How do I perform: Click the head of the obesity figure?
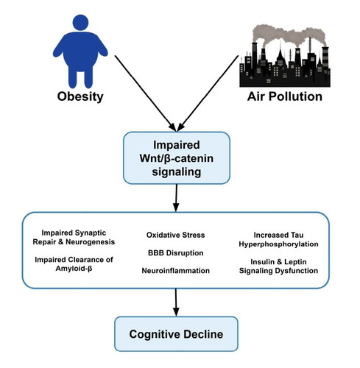(80, 22)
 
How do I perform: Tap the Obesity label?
(80, 96)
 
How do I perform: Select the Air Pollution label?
(285, 96)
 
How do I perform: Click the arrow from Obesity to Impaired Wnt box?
(145, 93)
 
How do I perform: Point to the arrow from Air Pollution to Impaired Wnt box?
(208, 93)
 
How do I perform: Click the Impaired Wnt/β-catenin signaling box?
(177, 158)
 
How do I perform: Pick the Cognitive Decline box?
(176, 334)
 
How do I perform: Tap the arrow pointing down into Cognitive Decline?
(176, 302)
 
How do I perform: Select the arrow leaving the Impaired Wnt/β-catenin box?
(176, 198)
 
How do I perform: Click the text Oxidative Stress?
(175, 235)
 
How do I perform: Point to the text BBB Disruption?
(175, 253)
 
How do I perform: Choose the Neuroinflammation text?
(175, 271)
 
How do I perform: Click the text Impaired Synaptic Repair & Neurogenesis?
(74, 237)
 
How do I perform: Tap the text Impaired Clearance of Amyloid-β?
(74, 264)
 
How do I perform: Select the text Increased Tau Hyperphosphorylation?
(278, 239)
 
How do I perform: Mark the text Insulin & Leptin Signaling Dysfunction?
(278, 266)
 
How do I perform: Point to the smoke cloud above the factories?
(289, 35)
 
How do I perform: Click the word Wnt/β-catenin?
(177, 158)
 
